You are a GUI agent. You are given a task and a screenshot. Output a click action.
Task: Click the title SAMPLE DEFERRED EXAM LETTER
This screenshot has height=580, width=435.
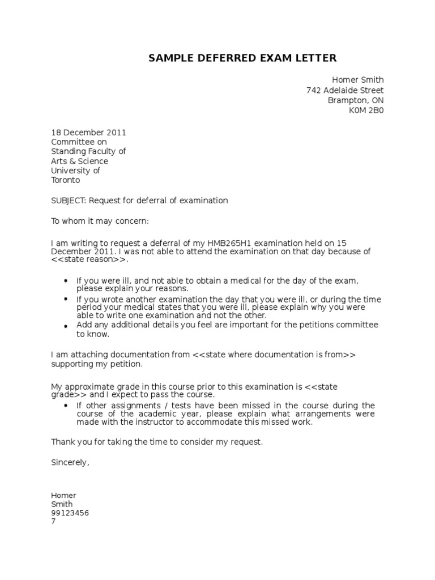242,58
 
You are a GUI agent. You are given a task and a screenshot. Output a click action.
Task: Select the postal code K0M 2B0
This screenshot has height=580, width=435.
366,111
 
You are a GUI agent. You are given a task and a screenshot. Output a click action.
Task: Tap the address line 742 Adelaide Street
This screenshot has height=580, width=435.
345,91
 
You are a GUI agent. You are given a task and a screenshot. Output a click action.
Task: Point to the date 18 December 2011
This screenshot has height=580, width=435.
88,133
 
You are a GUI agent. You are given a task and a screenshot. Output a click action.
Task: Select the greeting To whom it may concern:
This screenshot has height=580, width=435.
100,221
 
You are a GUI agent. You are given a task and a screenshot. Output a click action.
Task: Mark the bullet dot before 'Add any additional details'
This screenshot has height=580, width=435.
66,326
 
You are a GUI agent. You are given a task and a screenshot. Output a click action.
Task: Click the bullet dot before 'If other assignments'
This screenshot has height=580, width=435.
66,406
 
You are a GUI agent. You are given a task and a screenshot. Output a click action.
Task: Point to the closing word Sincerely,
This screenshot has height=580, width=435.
70,462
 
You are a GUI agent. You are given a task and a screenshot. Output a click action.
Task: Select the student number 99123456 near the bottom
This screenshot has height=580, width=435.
70,513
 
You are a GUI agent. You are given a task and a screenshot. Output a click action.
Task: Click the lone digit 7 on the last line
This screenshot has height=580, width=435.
53,522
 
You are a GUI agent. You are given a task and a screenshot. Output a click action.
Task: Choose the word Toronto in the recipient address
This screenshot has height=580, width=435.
66,180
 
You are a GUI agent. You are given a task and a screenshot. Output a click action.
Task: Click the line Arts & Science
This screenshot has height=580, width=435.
79,161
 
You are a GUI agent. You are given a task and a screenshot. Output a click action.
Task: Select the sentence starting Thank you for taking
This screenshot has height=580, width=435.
157,442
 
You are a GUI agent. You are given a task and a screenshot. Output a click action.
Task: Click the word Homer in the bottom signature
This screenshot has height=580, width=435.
63,496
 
